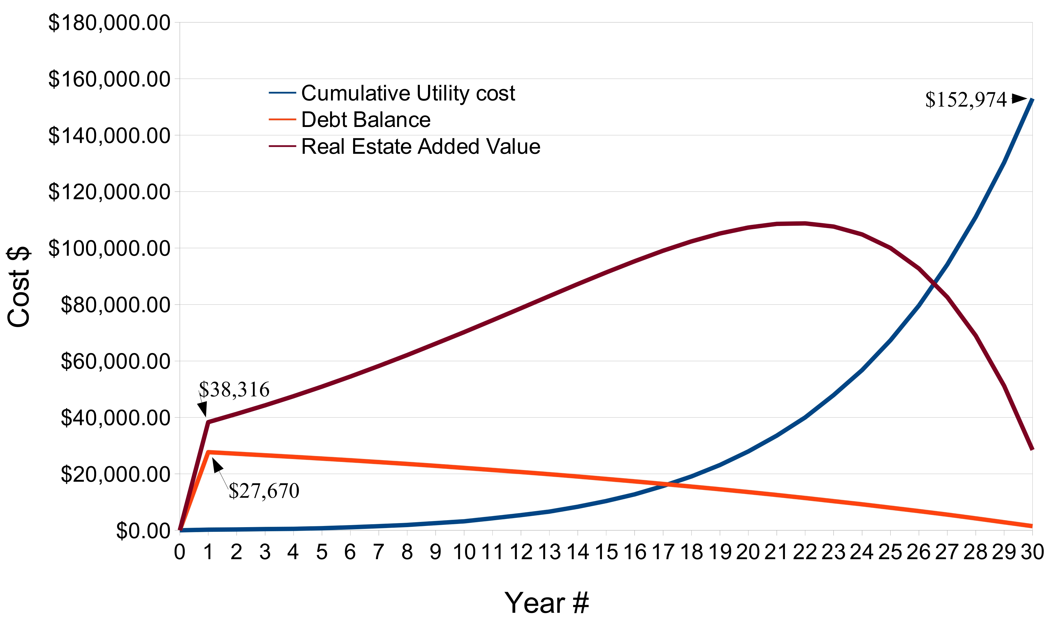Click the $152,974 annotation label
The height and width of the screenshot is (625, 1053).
[965, 100]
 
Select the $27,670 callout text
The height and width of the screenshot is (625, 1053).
[264, 491]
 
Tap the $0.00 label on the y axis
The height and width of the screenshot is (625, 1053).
[143, 531]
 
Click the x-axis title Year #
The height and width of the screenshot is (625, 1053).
[547, 603]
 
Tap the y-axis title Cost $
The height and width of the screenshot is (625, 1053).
[19, 286]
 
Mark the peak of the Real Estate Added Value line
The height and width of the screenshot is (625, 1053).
[804, 223]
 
